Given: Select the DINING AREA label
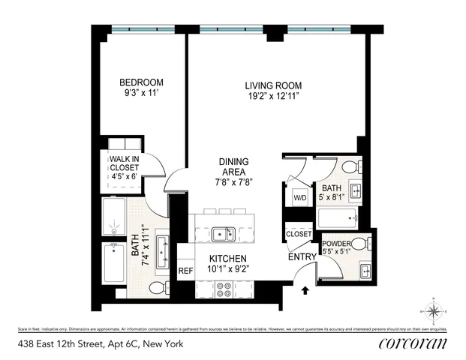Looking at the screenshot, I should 233,166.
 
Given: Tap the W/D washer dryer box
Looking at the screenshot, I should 299,198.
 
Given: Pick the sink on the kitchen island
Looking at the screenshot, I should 223,233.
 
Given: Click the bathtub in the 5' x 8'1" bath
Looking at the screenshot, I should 336,218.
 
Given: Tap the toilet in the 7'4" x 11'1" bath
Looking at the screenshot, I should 159,287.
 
